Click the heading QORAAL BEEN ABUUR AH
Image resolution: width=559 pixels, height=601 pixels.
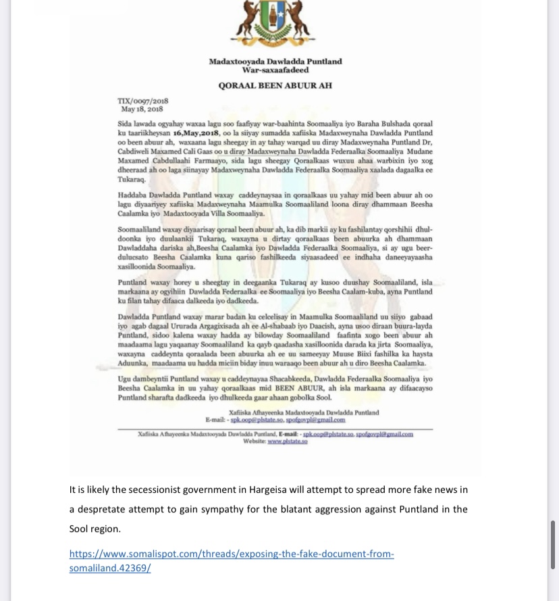pos(275,86)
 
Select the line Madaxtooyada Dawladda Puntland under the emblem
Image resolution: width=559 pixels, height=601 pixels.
pos(275,61)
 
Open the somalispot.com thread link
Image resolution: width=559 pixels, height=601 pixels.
pos(232,560)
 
